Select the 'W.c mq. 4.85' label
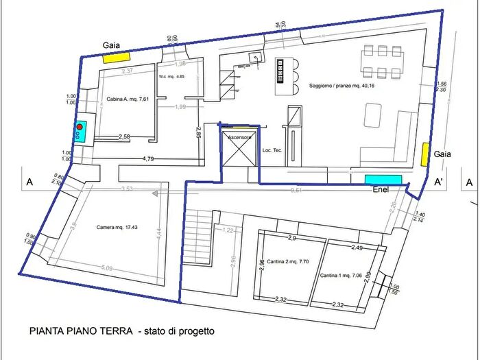tap(171, 77)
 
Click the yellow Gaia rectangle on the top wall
tap(117, 58)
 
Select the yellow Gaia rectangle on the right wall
tap(426, 154)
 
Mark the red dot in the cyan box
tap(80, 127)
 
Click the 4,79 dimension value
tap(147, 158)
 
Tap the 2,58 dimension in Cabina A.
tap(125, 137)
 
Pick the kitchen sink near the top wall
tap(257, 57)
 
